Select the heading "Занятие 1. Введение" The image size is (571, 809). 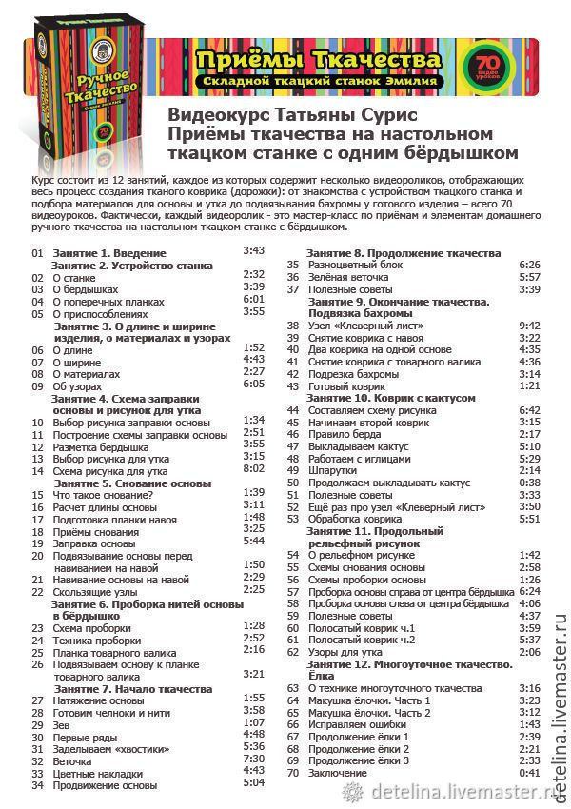coord(109,253)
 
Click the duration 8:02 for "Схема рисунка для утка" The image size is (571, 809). coord(253,468)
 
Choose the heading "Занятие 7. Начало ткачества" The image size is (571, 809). coord(132,688)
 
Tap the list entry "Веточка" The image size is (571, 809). coord(71,761)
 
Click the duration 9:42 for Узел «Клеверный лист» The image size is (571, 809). coord(529,325)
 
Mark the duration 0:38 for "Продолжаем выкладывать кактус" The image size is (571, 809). coord(529,483)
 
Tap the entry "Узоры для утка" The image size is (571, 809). coord(345,652)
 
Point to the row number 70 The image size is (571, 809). coord(293,773)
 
